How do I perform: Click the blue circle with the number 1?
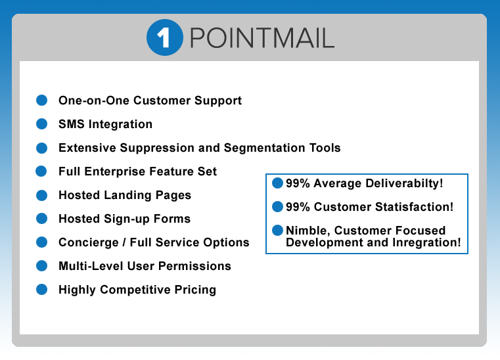[164, 38]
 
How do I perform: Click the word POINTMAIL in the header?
[261, 39]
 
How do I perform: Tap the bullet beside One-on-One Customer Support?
[41, 101]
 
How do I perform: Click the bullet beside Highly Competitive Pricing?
[41, 289]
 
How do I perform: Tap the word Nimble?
[306, 231]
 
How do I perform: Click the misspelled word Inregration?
[426, 242]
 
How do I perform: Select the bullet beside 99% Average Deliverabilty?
[277, 183]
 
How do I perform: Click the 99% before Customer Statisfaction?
[298, 207]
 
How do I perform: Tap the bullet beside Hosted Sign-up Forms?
[41, 218]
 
